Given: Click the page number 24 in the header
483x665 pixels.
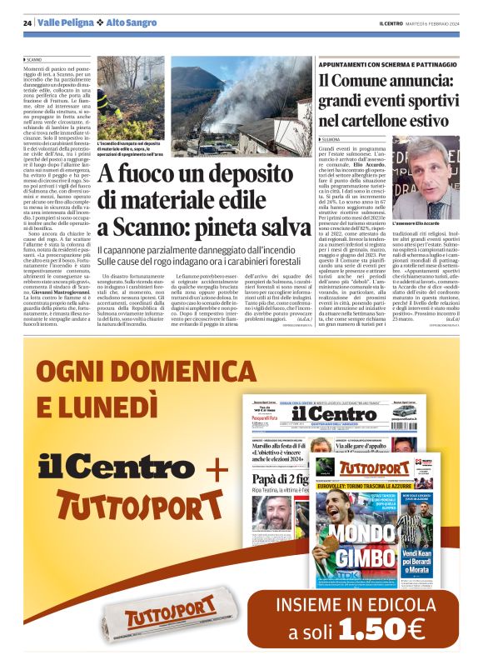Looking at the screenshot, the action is [x=27, y=22].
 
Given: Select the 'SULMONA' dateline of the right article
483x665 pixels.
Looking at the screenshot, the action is [x=331, y=138].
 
